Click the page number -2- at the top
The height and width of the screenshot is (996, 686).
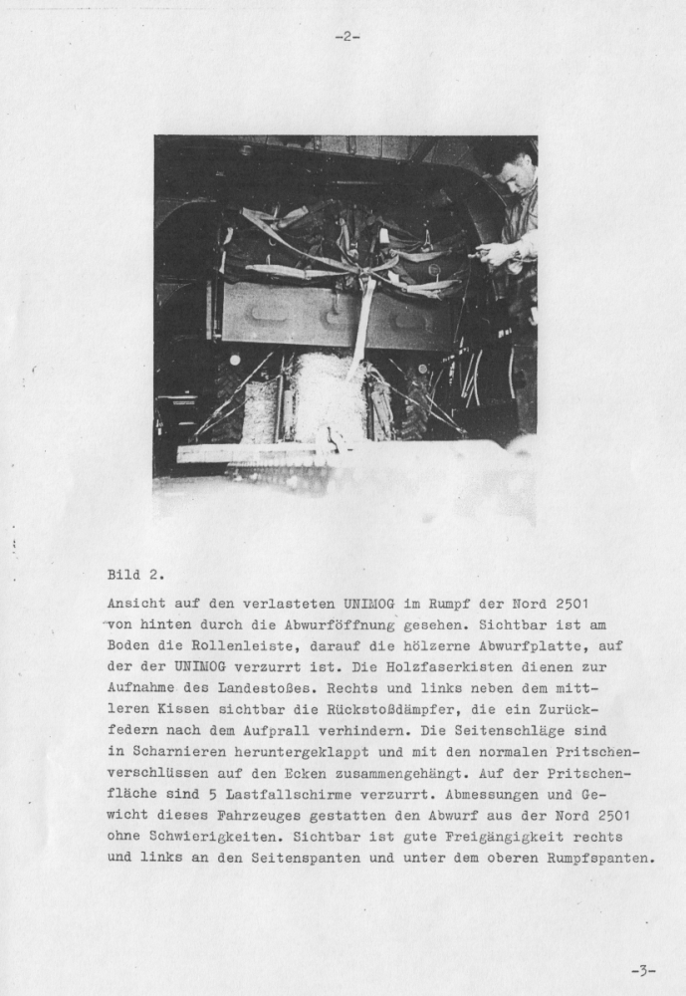pos(346,37)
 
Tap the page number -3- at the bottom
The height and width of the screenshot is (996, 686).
pos(643,969)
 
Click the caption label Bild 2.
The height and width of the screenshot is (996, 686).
pos(135,575)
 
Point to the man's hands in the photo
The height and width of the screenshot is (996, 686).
pos(495,254)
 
